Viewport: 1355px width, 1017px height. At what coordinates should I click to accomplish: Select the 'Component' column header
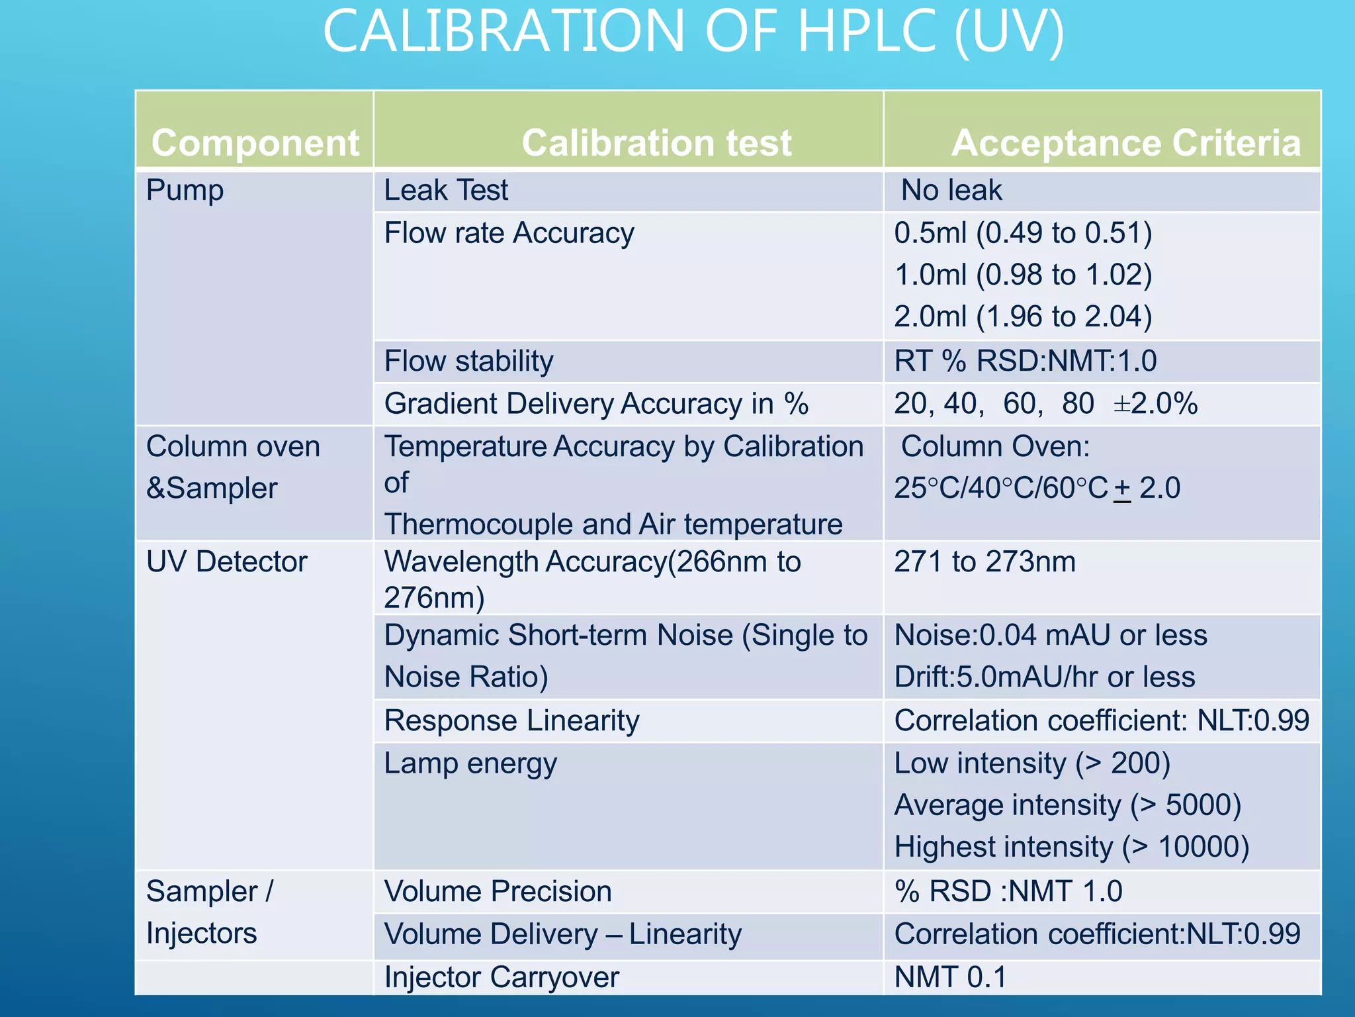coord(255,143)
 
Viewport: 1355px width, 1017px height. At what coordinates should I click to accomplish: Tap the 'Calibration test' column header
coord(656,143)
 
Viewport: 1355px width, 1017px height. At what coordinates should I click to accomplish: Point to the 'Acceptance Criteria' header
coord(1125,143)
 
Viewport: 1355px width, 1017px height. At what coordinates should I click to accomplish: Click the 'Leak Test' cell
coord(446,191)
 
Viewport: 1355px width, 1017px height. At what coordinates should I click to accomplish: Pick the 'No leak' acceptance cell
coord(951,191)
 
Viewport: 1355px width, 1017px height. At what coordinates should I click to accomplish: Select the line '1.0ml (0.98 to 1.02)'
coord(1023,275)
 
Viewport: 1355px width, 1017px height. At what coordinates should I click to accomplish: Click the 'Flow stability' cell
coord(468,362)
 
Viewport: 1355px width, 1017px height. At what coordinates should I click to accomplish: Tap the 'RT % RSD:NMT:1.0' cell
coord(1025,362)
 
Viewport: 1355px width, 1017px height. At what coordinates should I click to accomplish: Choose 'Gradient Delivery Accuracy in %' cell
coord(596,404)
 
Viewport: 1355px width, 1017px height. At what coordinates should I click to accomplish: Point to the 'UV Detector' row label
coord(227,562)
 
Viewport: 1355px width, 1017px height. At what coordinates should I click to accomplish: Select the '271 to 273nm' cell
coord(984,562)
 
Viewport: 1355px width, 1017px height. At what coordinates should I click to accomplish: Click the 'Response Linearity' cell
coord(511,720)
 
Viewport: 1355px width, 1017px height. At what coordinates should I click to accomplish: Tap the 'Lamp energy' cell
coord(470,763)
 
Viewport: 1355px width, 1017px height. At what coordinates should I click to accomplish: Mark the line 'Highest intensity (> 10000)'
coord(1071,847)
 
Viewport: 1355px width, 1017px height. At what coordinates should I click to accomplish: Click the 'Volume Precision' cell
coord(498,891)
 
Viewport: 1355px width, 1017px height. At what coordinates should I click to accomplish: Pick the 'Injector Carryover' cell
coord(502,977)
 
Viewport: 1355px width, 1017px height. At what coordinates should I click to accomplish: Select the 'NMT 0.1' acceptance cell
coord(950,977)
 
